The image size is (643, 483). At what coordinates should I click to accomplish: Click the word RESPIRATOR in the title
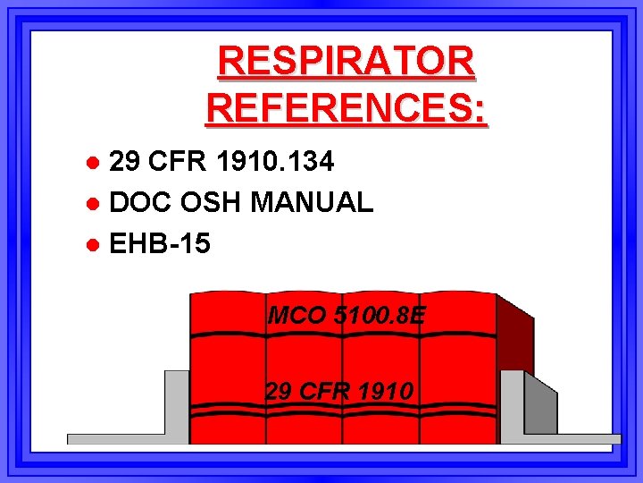(347, 63)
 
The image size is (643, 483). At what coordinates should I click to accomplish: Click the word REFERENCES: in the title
(347, 108)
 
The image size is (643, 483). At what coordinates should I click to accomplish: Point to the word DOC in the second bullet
(140, 202)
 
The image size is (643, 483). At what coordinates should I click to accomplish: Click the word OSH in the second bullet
(211, 202)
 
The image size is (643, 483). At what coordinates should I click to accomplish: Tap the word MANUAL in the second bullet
(312, 202)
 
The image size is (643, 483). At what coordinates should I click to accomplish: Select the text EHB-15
(160, 242)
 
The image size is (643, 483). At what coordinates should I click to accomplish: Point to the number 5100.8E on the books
(379, 316)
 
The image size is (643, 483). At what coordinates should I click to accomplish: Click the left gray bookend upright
(177, 402)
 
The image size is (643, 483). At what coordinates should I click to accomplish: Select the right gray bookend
(527, 407)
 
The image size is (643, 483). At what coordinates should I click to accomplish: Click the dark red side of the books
(514, 335)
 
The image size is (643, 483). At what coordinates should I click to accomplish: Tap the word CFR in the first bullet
(179, 162)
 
